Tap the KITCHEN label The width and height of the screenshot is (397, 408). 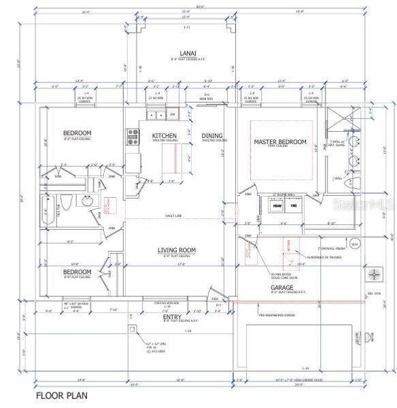(x=164, y=136)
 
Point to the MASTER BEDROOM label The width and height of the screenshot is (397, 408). (x=280, y=142)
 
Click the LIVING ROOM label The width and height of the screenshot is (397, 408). (x=177, y=251)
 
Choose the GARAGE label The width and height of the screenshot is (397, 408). (x=282, y=288)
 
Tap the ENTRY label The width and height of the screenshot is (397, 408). (x=172, y=317)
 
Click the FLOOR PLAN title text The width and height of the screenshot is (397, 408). (x=61, y=394)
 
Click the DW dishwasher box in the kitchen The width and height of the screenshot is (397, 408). (x=173, y=114)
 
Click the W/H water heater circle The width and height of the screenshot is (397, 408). (x=353, y=243)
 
